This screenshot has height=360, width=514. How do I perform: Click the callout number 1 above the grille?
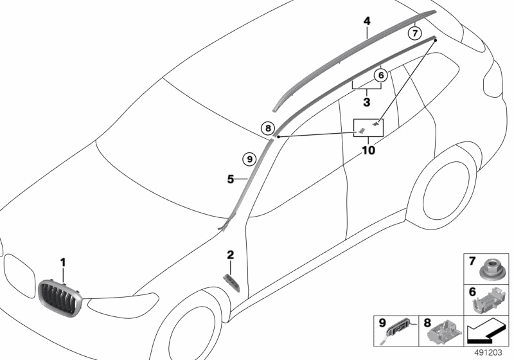click(63, 262)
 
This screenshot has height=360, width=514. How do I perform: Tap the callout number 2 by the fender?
click(230, 255)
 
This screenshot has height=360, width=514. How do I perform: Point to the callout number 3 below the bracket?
click(366, 102)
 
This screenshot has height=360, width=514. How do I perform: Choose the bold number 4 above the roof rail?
click(367, 21)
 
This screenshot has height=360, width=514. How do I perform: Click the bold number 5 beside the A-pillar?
click(231, 180)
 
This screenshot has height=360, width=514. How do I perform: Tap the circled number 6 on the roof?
click(380, 75)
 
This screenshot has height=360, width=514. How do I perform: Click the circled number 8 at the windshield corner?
click(268, 129)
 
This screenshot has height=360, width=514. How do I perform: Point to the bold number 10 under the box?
click(369, 151)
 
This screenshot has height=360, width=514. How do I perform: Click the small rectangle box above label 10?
click(369, 127)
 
